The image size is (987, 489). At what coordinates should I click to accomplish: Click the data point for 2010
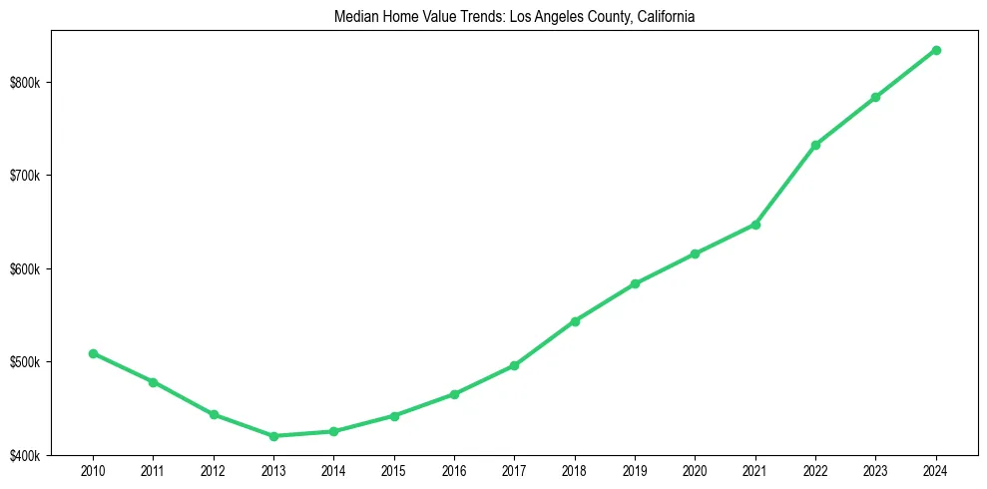(93, 353)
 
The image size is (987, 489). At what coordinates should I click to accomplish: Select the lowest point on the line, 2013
(273, 436)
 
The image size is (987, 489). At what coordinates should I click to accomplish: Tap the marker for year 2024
(936, 50)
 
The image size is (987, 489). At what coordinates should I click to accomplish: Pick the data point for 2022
(815, 145)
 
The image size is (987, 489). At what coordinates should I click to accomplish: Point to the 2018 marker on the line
(575, 321)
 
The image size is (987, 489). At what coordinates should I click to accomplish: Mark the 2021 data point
(755, 225)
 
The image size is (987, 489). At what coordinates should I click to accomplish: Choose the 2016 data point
(454, 394)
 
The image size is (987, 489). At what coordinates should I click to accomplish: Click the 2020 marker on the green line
(695, 253)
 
